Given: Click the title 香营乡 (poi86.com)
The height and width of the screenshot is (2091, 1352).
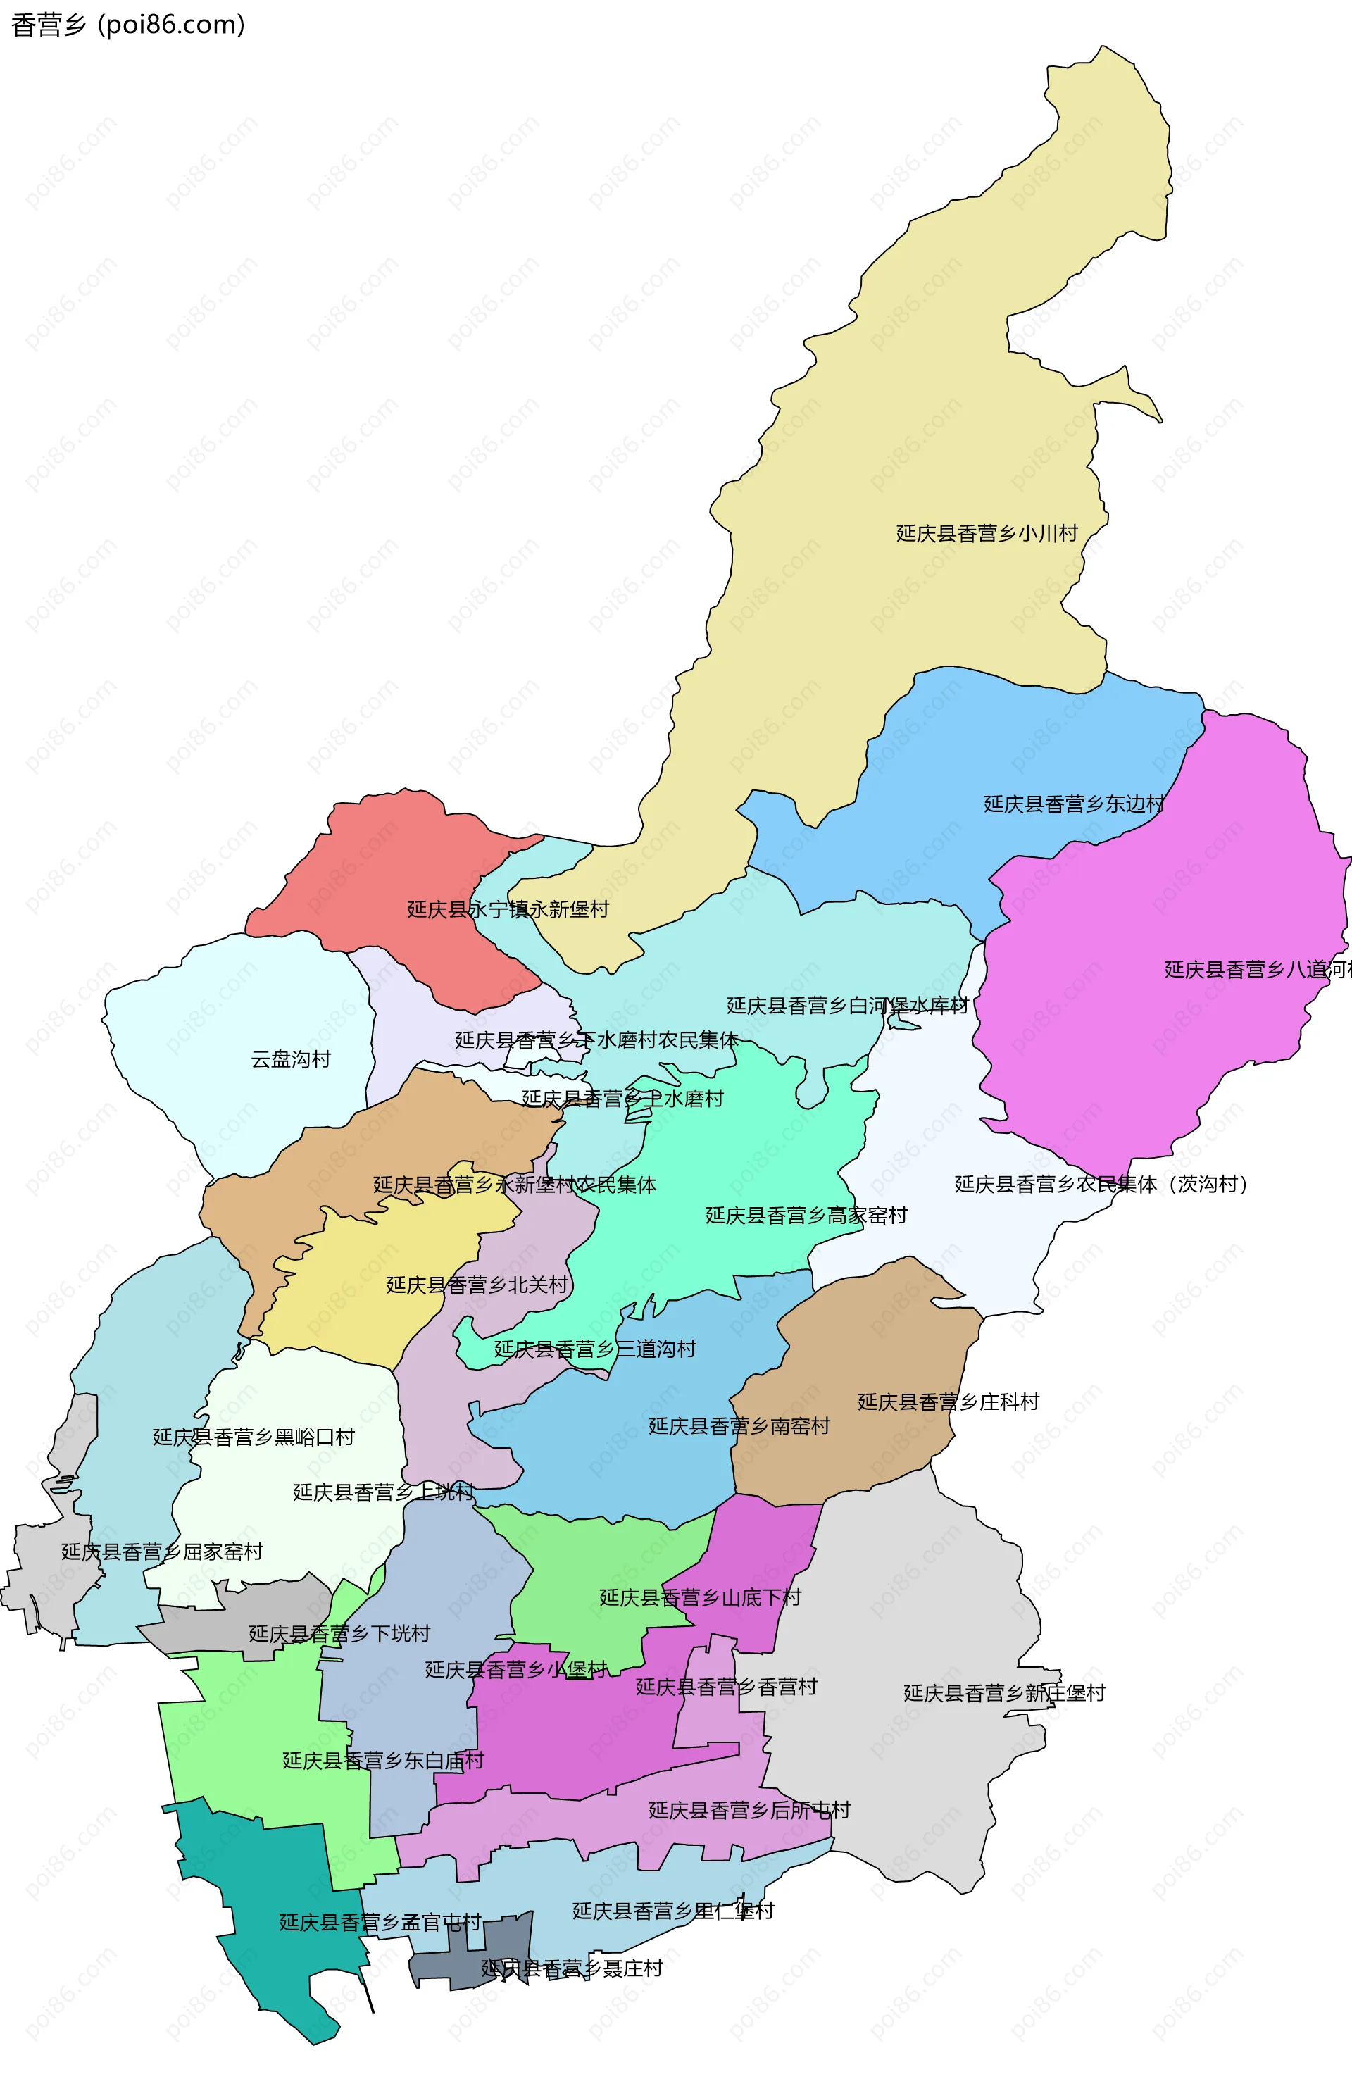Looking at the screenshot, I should [x=128, y=25].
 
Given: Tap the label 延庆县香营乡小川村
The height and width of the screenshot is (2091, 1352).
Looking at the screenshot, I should [x=986, y=534].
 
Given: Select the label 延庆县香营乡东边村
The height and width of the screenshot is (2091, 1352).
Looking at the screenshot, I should [x=1073, y=804].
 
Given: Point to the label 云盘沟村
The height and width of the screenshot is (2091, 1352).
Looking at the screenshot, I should [x=291, y=1059].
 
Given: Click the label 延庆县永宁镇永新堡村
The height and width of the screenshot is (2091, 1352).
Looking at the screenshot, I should [x=508, y=909].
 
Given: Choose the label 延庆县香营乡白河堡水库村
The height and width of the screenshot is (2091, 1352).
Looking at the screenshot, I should [x=846, y=1006].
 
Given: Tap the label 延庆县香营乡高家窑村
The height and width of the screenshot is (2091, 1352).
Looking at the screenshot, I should [x=806, y=1216].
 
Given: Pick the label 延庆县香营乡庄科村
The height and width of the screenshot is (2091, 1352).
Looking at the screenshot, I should [x=948, y=1402].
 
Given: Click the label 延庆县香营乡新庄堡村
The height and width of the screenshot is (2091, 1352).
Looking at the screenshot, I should [x=1003, y=1693].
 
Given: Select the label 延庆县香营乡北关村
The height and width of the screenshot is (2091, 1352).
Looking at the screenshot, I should [x=477, y=1285].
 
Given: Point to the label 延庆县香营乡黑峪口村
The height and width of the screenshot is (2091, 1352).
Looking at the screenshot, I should [x=254, y=1437].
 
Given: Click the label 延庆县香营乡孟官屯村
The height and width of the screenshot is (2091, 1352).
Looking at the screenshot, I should [x=380, y=1923].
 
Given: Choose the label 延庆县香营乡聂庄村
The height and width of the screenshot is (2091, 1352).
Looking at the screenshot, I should [x=572, y=1968].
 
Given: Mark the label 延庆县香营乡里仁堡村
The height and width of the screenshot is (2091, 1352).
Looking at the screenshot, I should [x=672, y=1911].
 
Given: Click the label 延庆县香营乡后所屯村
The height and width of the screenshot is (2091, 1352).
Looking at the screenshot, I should [x=749, y=1810].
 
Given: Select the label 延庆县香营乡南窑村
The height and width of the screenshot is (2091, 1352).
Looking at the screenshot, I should [x=739, y=1426].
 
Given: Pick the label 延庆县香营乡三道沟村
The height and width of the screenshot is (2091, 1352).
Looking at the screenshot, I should [x=594, y=1349].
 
